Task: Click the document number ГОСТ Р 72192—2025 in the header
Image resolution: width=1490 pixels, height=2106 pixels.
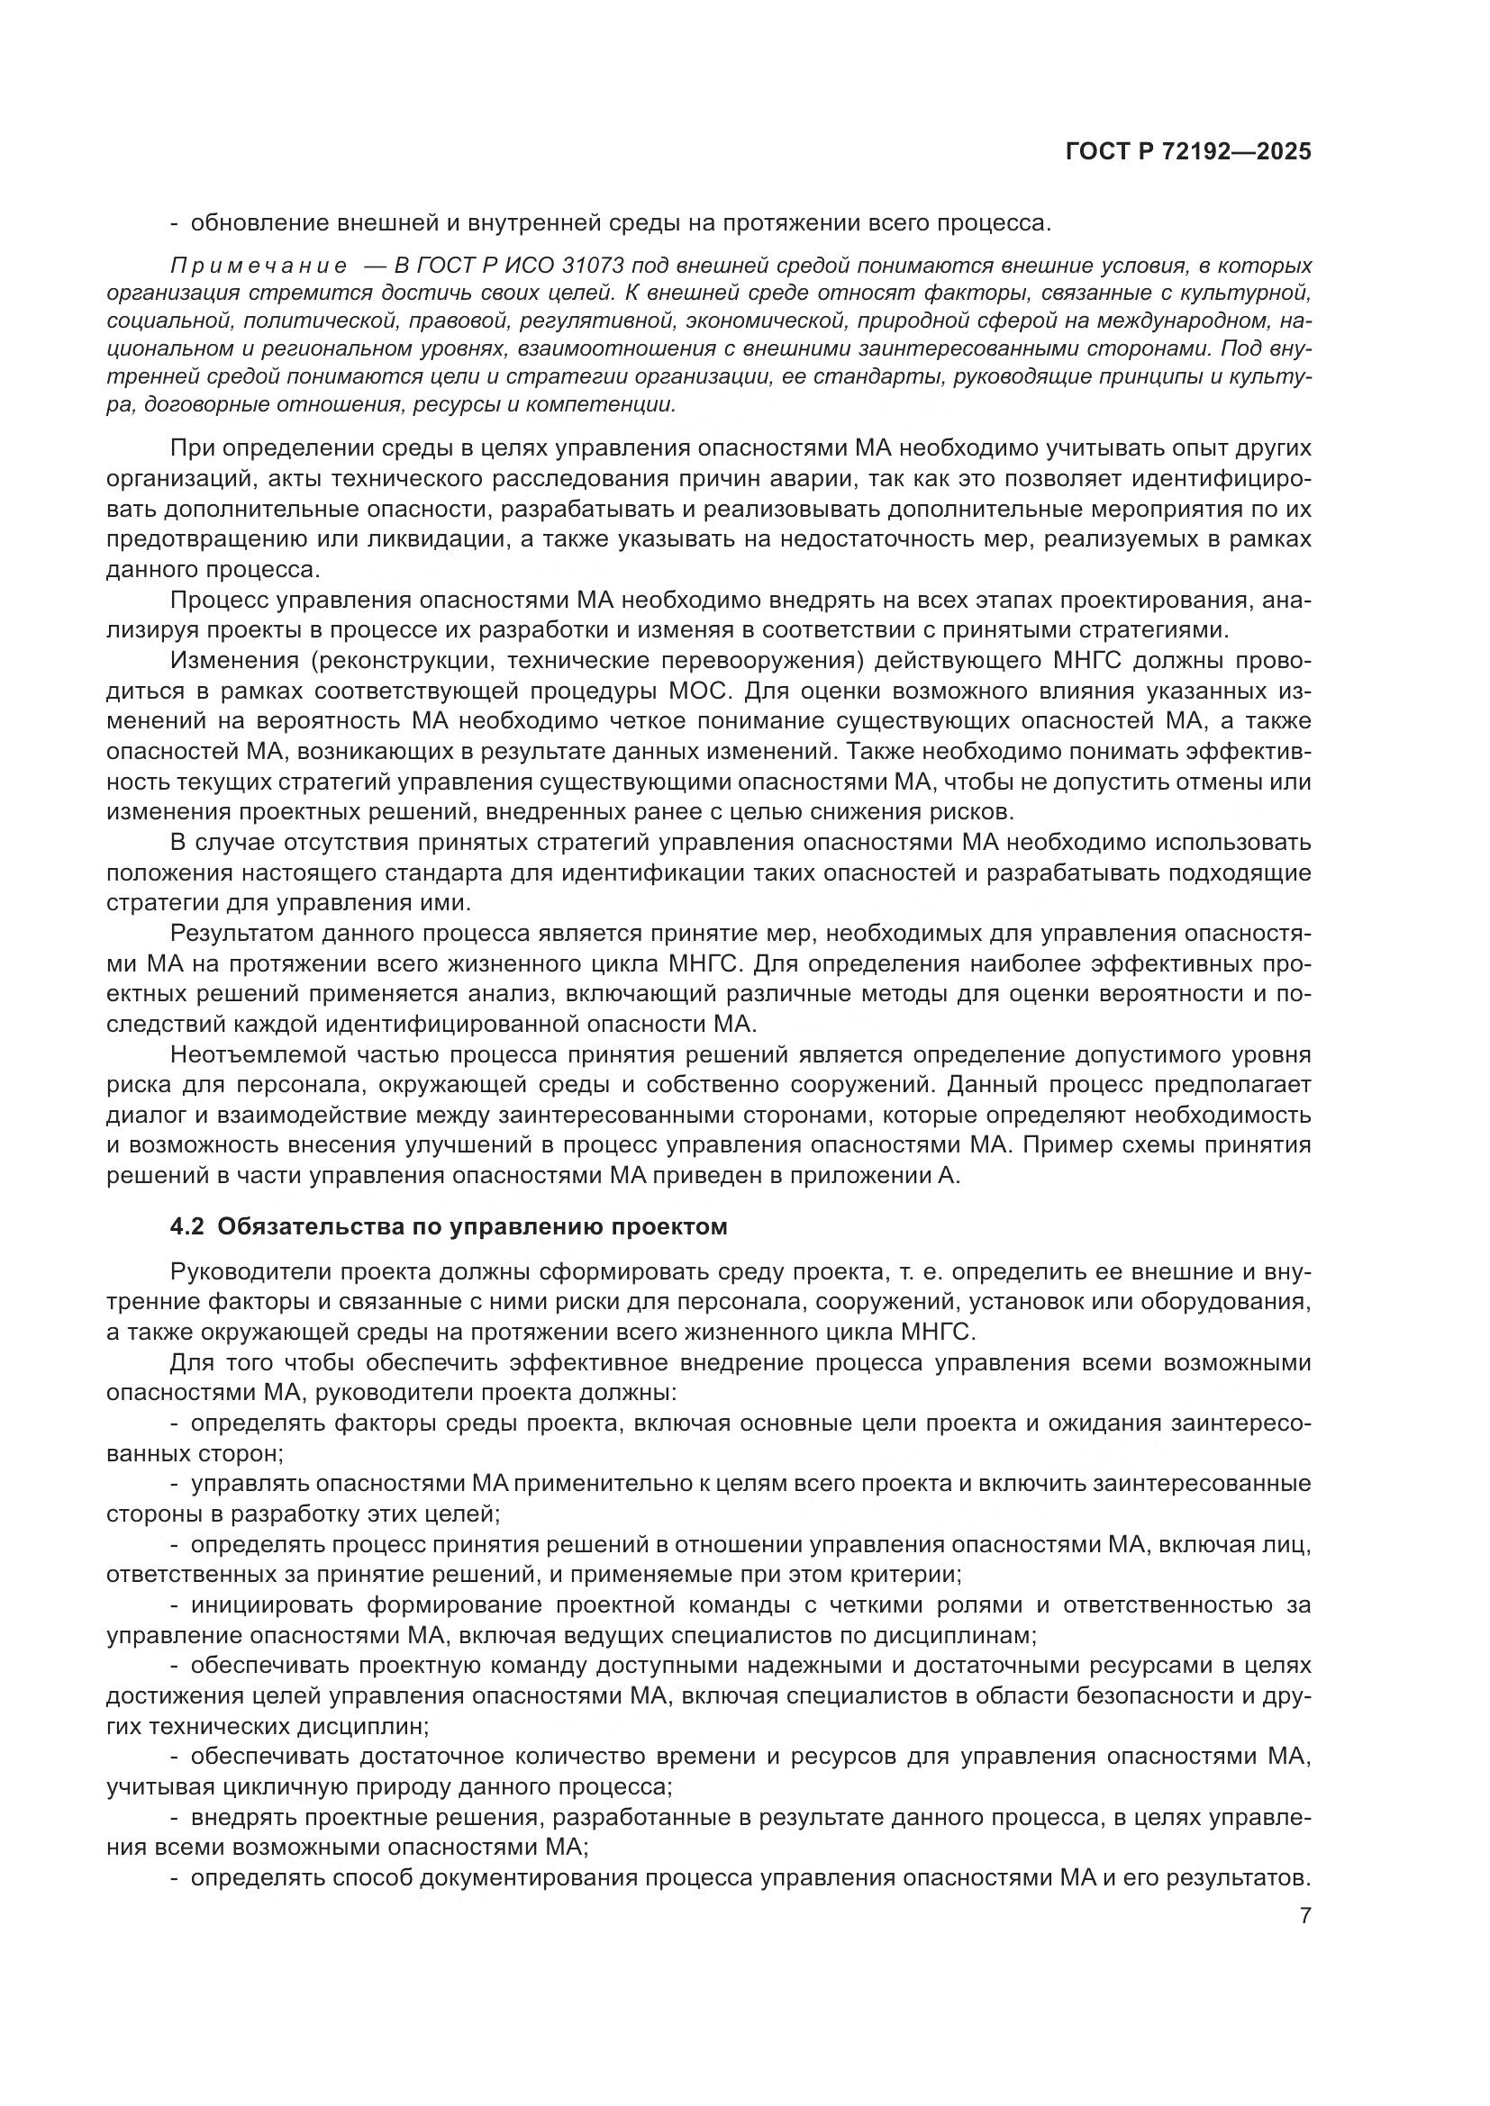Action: (1188, 152)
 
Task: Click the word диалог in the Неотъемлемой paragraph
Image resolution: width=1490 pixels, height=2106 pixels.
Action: (139, 1116)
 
